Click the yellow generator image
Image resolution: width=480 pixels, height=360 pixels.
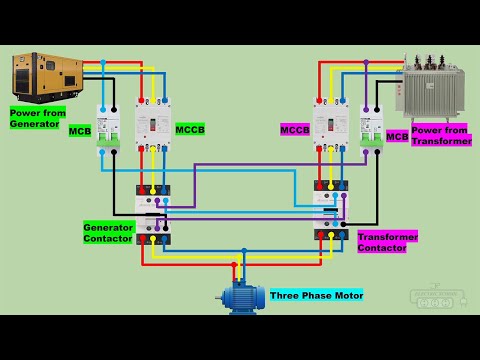[46, 77]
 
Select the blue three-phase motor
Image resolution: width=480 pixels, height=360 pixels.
[241, 297]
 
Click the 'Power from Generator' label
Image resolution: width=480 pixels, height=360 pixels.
[37, 118]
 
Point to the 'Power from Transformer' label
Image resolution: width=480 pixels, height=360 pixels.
[441, 135]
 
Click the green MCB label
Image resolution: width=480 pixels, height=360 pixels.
[80, 131]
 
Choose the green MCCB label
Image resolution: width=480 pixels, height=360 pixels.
[189, 129]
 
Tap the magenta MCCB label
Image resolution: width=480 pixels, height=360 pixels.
[295, 129]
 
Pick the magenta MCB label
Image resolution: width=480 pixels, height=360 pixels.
[397, 136]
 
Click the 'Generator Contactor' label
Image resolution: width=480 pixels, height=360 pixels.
[108, 233]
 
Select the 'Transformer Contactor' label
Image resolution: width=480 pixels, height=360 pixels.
[387, 241]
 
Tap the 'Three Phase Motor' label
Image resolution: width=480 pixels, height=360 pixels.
[316, 295]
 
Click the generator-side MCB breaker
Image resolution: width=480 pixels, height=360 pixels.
[108, 128]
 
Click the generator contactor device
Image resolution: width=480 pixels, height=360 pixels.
[153, 214]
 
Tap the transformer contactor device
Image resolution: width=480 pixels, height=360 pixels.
[331, 210]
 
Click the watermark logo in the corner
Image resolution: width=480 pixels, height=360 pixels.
[437, 297]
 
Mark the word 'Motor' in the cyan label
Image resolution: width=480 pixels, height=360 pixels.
[346, 295]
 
